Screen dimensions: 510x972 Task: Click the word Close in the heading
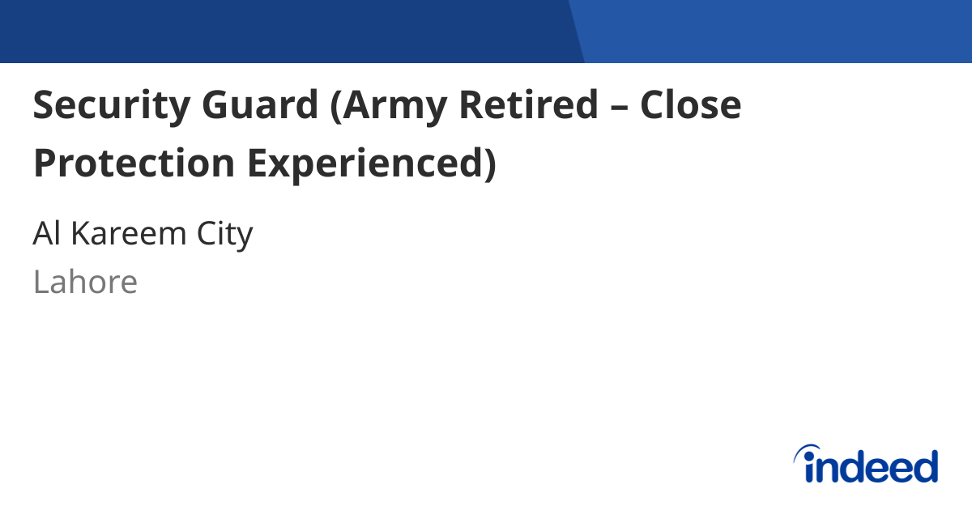coord(691,105)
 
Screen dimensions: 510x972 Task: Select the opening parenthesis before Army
coord(336,107)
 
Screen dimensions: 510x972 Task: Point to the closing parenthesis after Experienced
coord(488,164)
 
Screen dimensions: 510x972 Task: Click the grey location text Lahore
coord(85,283)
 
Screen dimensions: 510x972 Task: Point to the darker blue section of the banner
coord(283,31)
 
